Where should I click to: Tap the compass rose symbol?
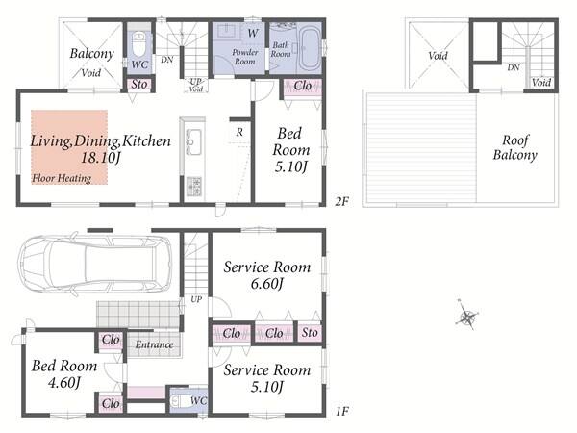coord(467,317)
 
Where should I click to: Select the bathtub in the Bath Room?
coord(310,50)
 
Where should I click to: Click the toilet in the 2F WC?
coord(139,44)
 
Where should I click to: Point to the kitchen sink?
coord(193,141)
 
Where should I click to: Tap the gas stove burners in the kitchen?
coord(194,187)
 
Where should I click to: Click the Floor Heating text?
coord(62,178)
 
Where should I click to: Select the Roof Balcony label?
coord(514,147)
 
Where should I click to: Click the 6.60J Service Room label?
coord(267,274)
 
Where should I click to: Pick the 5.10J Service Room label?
coord(267,378)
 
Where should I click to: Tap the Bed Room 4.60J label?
coord(64,373)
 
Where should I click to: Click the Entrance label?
coord(154,344)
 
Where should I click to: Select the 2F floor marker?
coord(341,201)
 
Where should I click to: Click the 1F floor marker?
coord(341,411)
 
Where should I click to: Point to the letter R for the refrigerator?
coord(239,132)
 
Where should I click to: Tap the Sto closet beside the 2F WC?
coord(139,85)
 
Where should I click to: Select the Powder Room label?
coord(244,57)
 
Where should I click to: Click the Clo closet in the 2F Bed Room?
coord(303,87)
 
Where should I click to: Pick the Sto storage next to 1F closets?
coord(310,333)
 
